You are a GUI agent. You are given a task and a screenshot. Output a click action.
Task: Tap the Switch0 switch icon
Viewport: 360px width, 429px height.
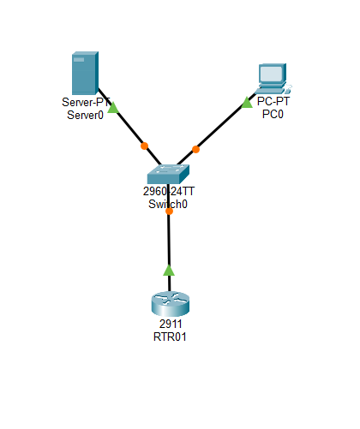169,172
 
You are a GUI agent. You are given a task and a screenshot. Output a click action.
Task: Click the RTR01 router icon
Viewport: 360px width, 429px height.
169,304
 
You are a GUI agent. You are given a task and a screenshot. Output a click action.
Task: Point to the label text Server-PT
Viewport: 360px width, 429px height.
84,104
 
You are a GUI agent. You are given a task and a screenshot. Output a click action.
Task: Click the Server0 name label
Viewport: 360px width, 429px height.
84,116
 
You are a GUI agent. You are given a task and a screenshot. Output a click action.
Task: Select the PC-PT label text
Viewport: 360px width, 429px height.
273,101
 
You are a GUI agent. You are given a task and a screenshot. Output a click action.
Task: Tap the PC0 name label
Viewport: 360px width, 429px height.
273,113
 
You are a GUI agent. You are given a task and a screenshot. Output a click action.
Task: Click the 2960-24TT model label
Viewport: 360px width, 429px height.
169,193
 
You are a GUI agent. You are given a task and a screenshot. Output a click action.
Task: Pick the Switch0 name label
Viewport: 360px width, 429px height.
169,205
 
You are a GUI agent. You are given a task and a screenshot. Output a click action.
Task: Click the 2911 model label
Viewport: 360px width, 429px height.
169,325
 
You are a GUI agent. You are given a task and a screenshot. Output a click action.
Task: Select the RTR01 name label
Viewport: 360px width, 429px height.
169,337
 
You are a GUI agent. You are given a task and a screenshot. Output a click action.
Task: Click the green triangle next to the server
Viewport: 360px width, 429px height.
113,109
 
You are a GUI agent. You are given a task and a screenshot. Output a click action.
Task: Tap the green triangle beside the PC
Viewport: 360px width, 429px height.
247,103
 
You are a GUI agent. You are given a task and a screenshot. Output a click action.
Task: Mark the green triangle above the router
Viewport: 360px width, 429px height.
169,270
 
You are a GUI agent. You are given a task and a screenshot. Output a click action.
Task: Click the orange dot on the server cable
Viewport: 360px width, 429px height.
144,145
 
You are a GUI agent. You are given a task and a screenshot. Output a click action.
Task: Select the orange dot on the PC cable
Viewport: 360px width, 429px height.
195,149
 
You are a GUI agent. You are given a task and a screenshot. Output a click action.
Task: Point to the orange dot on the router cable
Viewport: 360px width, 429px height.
169,212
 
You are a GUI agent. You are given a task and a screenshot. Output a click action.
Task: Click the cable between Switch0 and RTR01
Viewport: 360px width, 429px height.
169,244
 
